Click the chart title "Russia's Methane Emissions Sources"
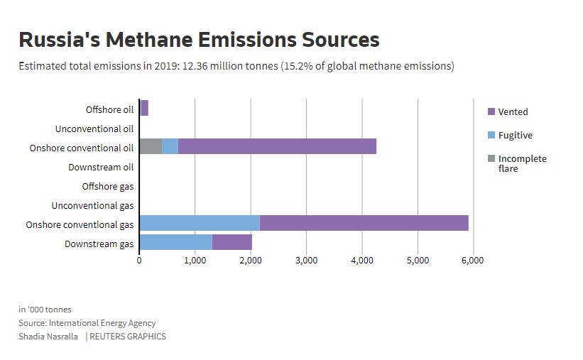click(199, 39)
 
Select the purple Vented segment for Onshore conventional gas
click(364, 222)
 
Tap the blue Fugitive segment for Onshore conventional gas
click(199, 222)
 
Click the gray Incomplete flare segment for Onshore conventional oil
click(151, 146)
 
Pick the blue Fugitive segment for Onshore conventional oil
click(170, 146)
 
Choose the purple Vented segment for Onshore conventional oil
click(277, 146)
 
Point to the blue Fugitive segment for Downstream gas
click(175, 242)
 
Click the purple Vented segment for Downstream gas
click(231, 242)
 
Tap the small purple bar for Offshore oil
click(144, 108)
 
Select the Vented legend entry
click(513, 111)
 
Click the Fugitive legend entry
click(515, 135)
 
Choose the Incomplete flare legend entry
click(522, 163)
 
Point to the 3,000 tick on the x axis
click(306, 261)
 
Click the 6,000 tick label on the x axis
click(473, 261)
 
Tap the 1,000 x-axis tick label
click(195, 261)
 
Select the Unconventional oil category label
click(94, 129)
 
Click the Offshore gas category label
click(107, 186)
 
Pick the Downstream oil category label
click(101, 167)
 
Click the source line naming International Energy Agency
click(87, 323)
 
